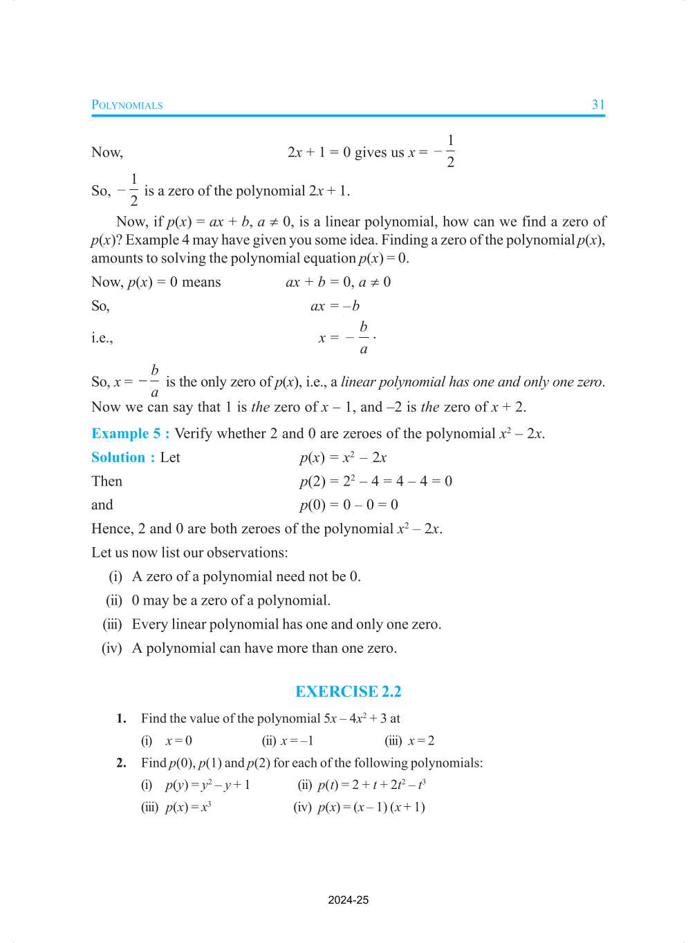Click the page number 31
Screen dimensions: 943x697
coord(598,105)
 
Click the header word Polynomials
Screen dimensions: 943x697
coord(127,105)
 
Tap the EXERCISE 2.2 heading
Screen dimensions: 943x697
coord(348,692)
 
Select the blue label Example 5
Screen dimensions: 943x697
coord(130,434)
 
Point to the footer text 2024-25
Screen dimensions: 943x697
coord(348,900)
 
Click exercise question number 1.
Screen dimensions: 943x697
coord(122,718)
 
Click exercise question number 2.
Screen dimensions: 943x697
coord(122,763)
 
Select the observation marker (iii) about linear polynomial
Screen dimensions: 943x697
coord(113,625)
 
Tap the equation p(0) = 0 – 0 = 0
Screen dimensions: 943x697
coord(348,505)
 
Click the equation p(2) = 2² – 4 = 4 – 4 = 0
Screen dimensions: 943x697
coord(375,482)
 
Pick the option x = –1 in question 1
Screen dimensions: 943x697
coord(297,741)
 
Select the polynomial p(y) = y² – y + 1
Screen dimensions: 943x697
coord(207,785)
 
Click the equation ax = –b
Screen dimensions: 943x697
coord(335,306)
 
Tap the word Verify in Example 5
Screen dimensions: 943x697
coord(194,434)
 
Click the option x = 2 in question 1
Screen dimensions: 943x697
coord(420,741)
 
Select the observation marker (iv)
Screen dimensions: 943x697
coord(112,648)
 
